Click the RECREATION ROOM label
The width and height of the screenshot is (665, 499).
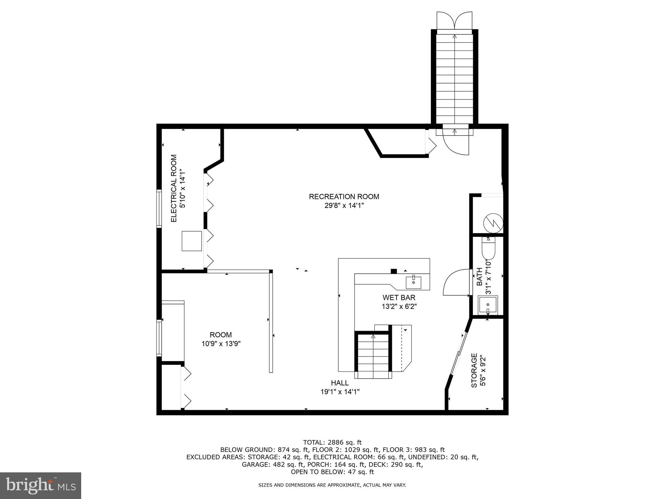click(x=344, y=197)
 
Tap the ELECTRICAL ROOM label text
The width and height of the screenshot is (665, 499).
click(x=174, y=188)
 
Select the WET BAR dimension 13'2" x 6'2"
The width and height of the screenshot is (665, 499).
click(x=399, y=306)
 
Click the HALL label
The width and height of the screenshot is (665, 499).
click(x=340, y=383)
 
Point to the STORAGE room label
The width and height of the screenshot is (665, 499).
click(x=474, y=371)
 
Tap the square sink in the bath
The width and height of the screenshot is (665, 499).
click(x=488, y=305)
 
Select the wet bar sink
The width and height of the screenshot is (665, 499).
click(x=413, y=282)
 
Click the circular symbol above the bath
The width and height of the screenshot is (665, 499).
click(x=493, y=223)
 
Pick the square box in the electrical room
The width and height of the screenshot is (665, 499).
click(x=192, y=241)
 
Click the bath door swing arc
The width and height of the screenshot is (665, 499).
click(x=455, y=283)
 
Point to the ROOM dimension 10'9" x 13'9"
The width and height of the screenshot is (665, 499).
click(x=221, y=344)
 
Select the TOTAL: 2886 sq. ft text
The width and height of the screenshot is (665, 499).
click(x=332, y=442)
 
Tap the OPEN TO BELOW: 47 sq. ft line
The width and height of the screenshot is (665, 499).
click(x=332, y=472)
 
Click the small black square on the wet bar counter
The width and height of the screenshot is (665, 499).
click(x=394, y=271)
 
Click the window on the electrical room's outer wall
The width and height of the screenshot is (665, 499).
click(x=159, y=208)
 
